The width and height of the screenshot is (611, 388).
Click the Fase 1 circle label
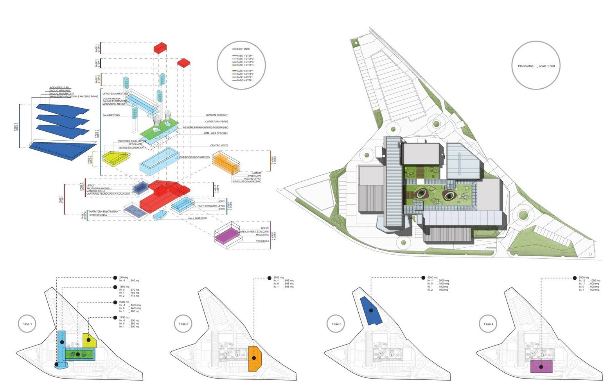coord(27,324)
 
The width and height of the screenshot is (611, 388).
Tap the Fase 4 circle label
coord(488,324)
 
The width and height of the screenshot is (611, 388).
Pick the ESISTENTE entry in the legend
coord(243,49)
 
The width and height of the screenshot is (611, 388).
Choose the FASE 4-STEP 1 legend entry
coord(245,80)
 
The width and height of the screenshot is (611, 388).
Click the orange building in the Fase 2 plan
coord(254,358)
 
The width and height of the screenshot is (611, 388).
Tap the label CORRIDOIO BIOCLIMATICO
coord(194,157)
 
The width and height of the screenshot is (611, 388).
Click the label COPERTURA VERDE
coord(217,122)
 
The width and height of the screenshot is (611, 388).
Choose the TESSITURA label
coord(262,241)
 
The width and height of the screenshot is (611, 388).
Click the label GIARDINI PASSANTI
coord(217,115)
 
